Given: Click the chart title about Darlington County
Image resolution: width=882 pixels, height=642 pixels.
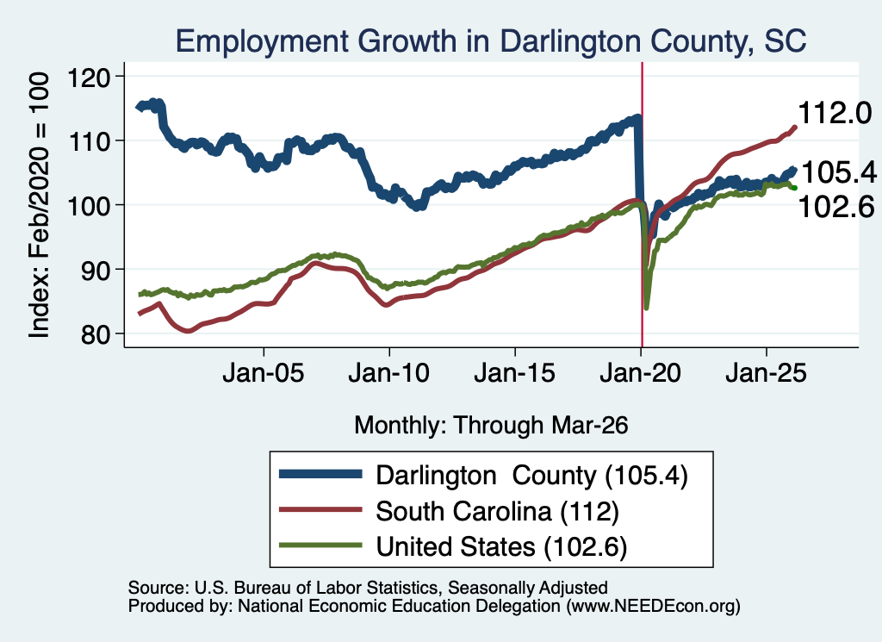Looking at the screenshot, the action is click(490, 41).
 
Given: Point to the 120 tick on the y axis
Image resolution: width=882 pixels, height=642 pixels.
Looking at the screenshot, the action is click(89, 77).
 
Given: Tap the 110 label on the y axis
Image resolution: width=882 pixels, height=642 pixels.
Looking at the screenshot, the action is click(89, 141).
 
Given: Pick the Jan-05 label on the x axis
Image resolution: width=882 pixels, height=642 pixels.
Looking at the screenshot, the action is click(264, 373).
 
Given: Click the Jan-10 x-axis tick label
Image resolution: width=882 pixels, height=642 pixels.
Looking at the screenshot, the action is click(388, 373).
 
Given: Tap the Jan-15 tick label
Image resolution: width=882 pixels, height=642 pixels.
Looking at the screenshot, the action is click(515, 373).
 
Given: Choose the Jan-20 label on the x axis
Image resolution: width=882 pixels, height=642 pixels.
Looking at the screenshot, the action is click(641, 373).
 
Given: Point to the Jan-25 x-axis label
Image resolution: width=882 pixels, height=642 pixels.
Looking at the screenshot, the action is click(766, 373).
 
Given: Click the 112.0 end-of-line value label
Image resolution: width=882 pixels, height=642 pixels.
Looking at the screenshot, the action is click(835, 113).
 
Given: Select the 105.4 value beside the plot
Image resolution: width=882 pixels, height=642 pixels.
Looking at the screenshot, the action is click(838, 171).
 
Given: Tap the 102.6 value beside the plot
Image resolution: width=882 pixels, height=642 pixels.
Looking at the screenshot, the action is click(835, 207).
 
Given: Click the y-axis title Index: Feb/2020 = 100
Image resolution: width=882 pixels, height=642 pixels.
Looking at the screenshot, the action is click(39, 205).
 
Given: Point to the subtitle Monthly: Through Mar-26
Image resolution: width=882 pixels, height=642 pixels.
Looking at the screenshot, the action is click(491, 426).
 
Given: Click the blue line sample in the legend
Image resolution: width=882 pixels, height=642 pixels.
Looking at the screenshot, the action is click(320, 474).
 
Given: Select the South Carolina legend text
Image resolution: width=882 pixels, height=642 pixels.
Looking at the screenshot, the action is click(497, 512).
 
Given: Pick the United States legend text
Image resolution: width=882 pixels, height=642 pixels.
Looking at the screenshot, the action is click(501, 547).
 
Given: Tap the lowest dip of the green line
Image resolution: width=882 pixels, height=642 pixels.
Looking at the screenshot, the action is click(646, 308).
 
